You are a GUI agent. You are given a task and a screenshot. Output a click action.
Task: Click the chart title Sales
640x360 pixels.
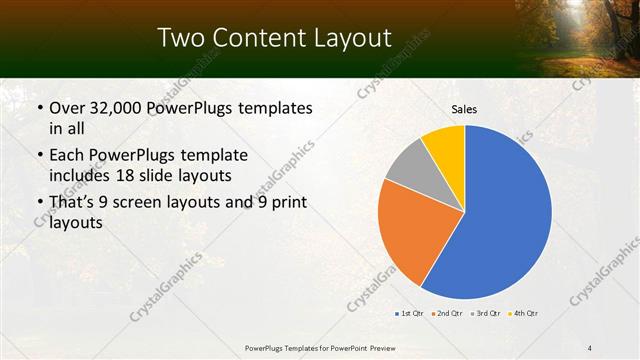point(464,109)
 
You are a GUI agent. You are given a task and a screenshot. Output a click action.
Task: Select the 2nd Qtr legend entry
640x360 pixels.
point(445,314)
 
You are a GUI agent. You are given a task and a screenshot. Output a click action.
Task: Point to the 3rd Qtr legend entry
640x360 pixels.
point(485,314)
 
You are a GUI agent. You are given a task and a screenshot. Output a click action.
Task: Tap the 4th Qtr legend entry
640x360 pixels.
point(523,314)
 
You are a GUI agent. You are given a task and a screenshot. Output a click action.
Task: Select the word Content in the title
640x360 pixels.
point(262,38)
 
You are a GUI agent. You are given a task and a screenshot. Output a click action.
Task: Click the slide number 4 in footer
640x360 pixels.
point(590,347)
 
